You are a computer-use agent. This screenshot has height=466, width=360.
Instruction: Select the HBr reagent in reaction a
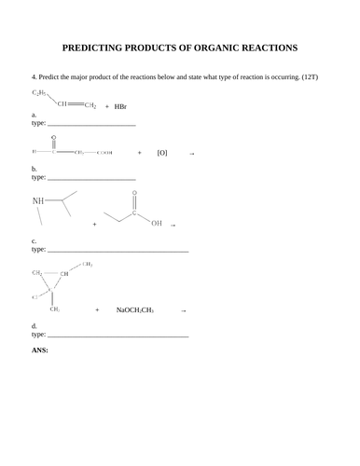119,107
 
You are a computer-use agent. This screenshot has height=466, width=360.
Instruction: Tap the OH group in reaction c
155,224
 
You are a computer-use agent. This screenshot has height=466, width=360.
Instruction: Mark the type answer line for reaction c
118,250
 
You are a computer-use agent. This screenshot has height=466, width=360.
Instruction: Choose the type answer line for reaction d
118,334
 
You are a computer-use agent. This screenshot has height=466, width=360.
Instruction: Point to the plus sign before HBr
106,107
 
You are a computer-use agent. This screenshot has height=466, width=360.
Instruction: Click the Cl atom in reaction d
35,296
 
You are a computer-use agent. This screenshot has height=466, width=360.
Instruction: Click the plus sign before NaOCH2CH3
96,309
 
